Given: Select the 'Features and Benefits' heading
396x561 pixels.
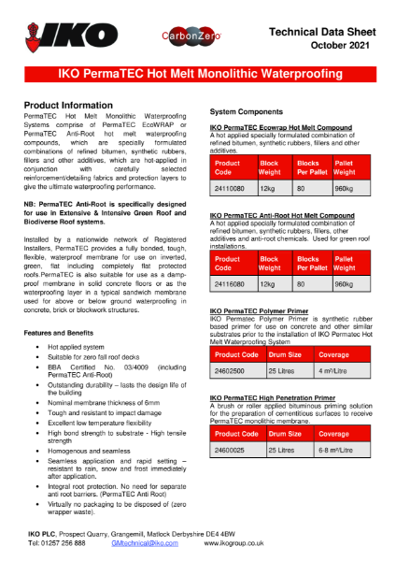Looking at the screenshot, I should pos(59,307).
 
